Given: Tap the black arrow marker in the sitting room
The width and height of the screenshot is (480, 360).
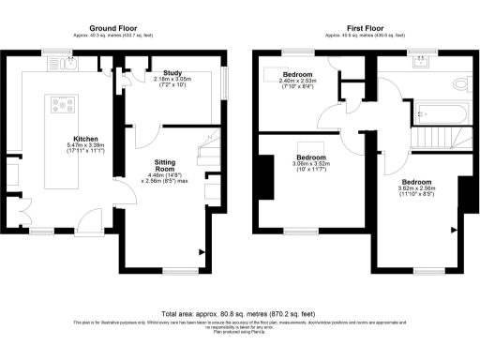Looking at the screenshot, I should [x=201, y=250].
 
